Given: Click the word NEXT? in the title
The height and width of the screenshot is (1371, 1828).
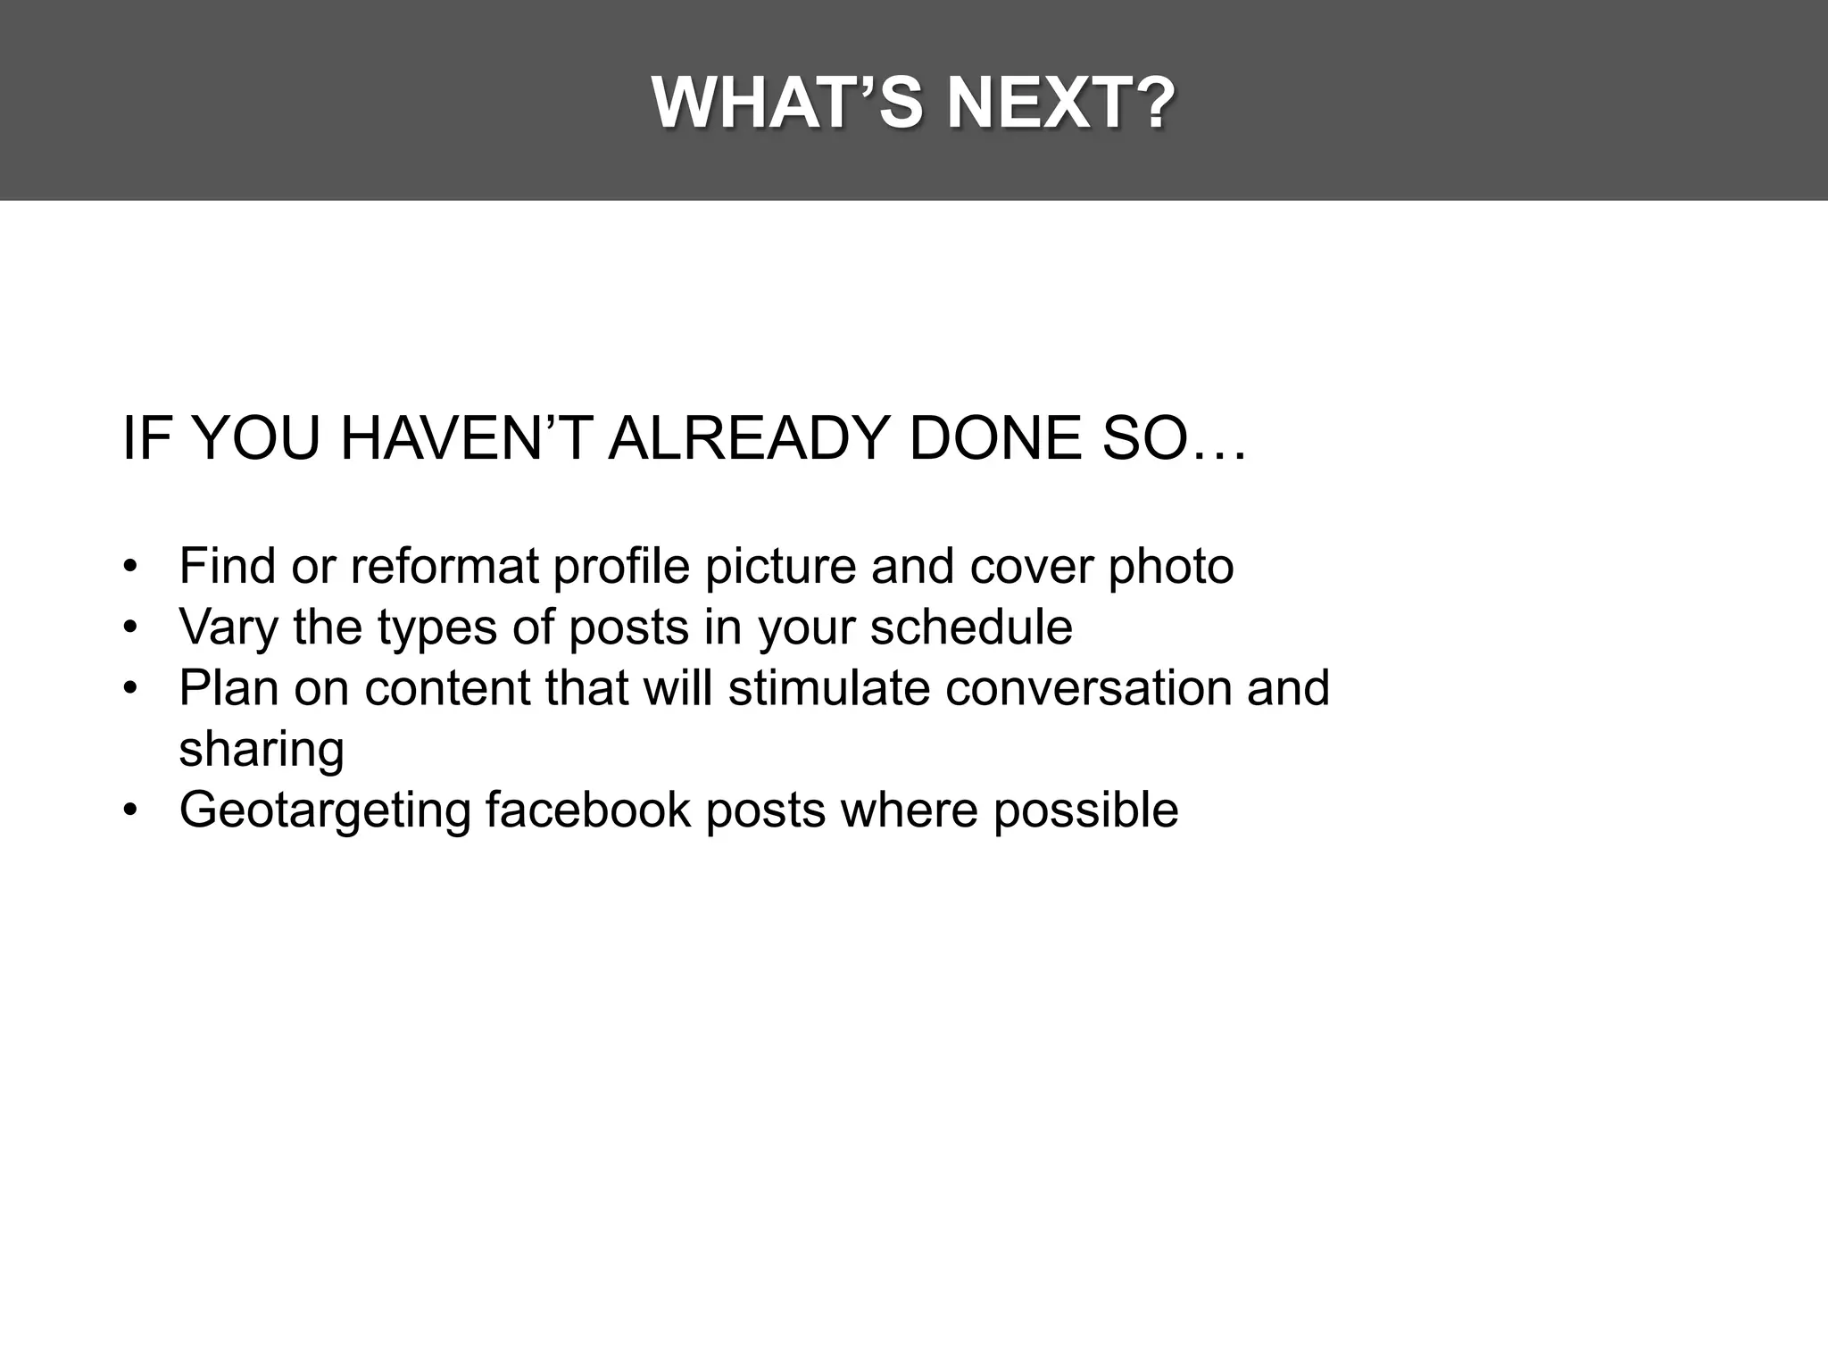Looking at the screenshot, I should (1060, 104).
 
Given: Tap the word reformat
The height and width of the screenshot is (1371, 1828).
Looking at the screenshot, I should (445, 566).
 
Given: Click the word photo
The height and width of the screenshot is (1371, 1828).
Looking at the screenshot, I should (1170, 568).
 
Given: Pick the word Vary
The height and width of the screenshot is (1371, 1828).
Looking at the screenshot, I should (228, 627).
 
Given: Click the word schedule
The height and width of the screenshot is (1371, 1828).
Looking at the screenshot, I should (971, 627).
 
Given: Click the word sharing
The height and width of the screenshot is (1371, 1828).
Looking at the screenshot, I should (261, 750).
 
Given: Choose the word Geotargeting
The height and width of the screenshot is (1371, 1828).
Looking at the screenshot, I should (324, 811).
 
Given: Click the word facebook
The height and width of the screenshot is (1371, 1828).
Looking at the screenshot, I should (588, 810).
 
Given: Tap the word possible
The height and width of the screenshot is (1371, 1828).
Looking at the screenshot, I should (1085, 811).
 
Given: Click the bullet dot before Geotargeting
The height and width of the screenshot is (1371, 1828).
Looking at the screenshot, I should (131, 810).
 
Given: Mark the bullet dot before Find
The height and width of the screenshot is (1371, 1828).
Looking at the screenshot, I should (131, 568).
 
